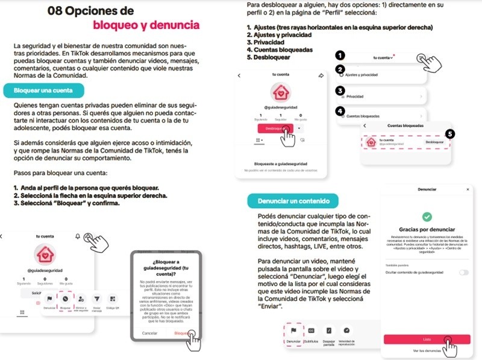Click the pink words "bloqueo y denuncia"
(146, 25)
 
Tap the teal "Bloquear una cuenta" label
(43, 90)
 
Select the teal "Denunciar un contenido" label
(292, 201)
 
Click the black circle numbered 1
(340, 55)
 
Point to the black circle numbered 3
(340, 91)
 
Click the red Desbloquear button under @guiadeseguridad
(274, 128)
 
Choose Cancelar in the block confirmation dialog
(149, 333)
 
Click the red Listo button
(427, 339)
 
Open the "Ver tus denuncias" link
(427, 351)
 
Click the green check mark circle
(427, 215)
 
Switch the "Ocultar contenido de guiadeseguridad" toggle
(463, 273)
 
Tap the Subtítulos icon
(311, 331)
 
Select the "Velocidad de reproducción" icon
(346, 331)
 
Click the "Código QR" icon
(112, 298)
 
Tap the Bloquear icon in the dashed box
(65, 298)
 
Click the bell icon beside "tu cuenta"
(78, 237)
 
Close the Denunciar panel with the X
(468, 189)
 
